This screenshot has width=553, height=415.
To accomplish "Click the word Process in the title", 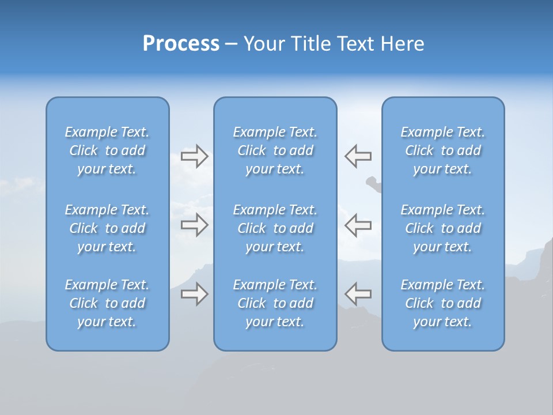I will (181, 44).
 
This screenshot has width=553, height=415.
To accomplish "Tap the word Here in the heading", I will (402, 44).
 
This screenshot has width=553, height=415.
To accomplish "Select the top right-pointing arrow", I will (194, 156).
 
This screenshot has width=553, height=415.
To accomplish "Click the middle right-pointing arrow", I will (194, 224).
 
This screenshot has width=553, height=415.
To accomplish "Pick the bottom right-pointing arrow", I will (194, 294).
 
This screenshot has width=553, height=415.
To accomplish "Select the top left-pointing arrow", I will (358, 156).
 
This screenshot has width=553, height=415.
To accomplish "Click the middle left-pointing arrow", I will (358, 224).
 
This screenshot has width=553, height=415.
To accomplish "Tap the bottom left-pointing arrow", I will (358, 294).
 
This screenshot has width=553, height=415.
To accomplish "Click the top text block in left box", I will (107, 150).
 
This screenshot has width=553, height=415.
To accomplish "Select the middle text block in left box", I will (107, 228).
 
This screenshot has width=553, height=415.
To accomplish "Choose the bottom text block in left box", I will (107, 303).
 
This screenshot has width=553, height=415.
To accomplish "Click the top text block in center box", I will (275, 150).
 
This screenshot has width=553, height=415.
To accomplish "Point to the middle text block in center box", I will (275, 228).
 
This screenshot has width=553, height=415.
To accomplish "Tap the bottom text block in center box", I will (275, 303).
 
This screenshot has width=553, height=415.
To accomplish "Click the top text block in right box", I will (443, 150).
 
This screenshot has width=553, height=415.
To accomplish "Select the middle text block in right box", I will (443, 228).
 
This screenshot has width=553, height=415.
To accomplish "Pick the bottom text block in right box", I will (443, 303).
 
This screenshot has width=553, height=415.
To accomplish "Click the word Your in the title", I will (262, 44).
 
